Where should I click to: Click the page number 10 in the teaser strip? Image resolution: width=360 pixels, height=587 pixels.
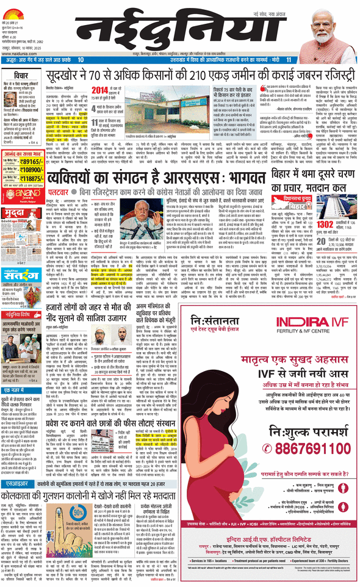pyautogui.click(x=81, y=60)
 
